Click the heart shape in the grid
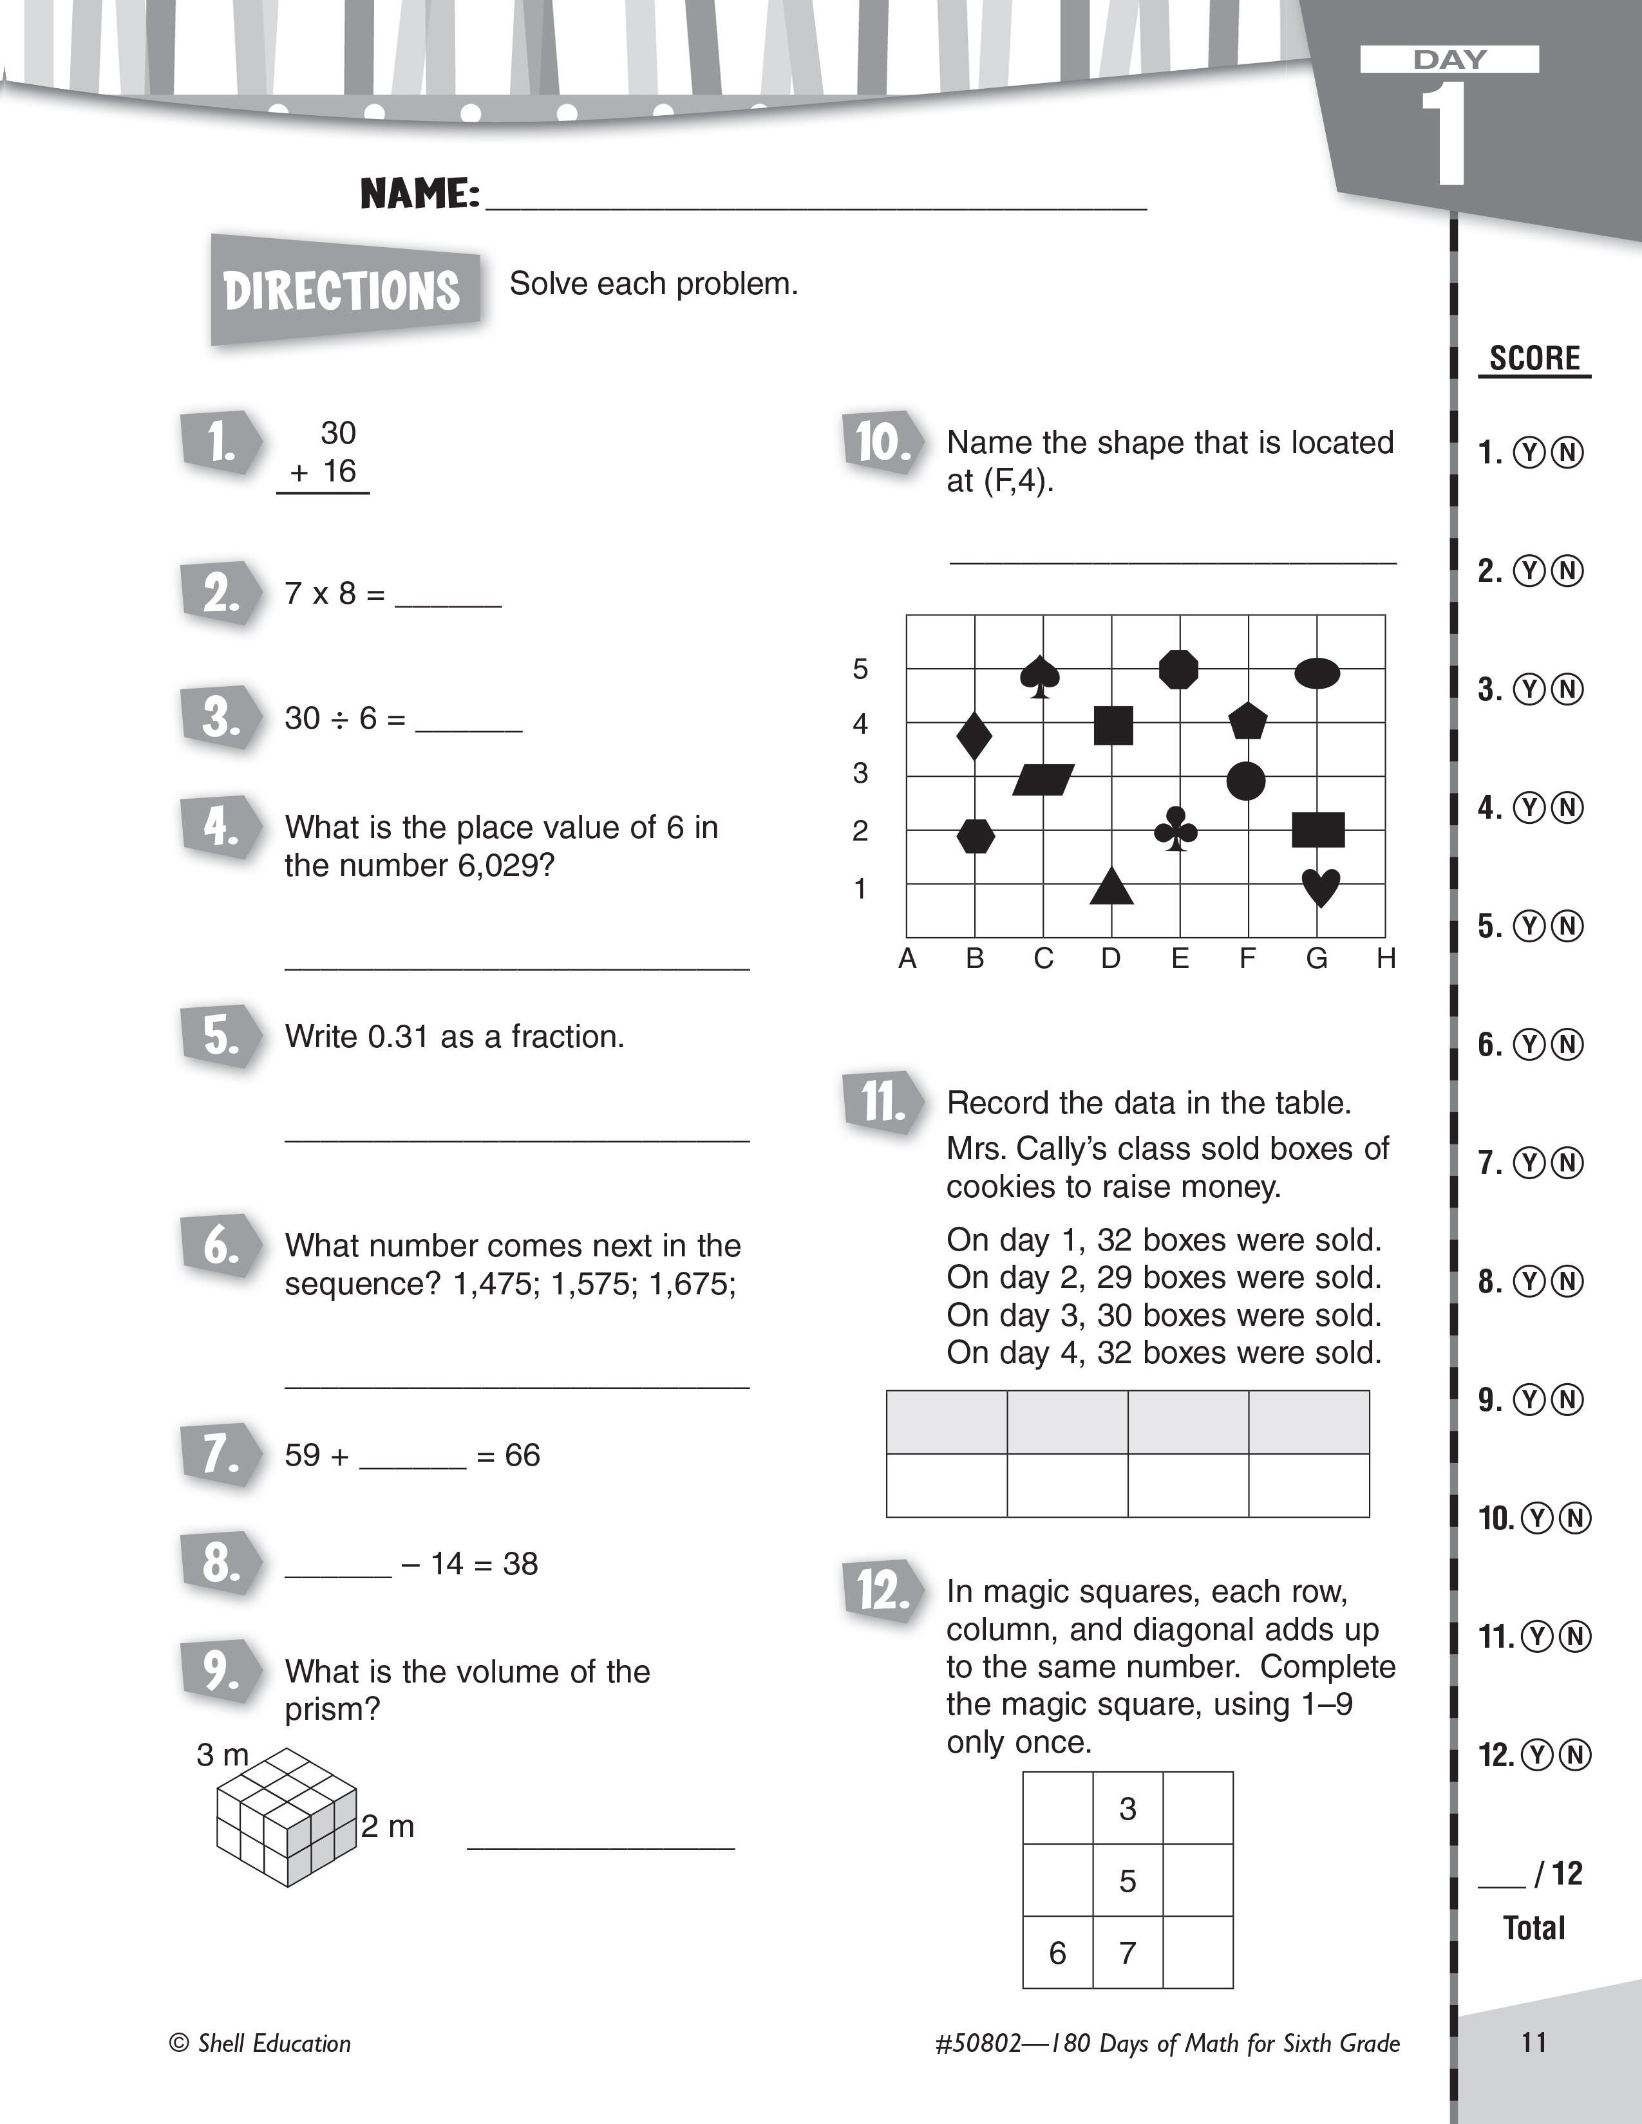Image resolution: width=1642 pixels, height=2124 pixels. pos(1320,887)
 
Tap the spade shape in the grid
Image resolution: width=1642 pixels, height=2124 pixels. pos(1040,675)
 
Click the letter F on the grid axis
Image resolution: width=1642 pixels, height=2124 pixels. pos(1247,959)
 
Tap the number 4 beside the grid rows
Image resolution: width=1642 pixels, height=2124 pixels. pos(860,723)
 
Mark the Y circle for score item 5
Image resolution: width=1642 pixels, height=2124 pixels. pos(1530,927)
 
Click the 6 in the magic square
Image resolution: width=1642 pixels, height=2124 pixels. pos(1057,1953)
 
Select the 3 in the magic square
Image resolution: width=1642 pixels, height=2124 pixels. pos(1128,1809)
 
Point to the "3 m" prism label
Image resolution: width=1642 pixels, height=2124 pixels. pos(223,1755)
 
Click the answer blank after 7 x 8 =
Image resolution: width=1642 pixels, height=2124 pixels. pos(448,595)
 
